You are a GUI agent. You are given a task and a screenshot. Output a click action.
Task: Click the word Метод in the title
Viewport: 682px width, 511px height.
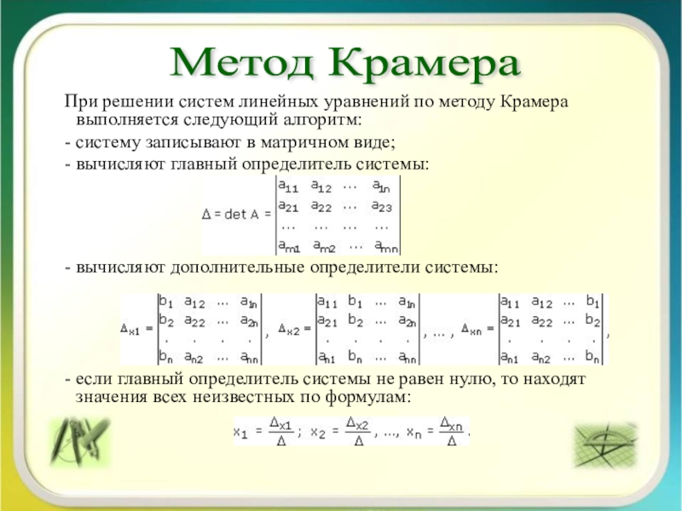pos(242,64)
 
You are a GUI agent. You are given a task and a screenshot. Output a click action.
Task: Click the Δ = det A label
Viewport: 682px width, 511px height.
pos(236,215)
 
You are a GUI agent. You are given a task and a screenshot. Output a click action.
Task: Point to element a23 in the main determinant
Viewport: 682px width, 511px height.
pos(382,206)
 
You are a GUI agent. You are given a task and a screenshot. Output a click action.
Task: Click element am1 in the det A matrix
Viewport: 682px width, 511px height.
pos(289,246)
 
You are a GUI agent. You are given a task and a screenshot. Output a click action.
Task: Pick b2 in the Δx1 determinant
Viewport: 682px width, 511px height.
pos(166,321)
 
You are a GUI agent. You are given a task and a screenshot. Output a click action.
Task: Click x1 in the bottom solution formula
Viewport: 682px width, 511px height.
pos(240,432)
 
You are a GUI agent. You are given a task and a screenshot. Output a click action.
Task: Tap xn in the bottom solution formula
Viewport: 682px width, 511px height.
pos(413,432)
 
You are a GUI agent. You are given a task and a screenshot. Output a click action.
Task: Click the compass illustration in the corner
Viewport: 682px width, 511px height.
pos(79,442)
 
